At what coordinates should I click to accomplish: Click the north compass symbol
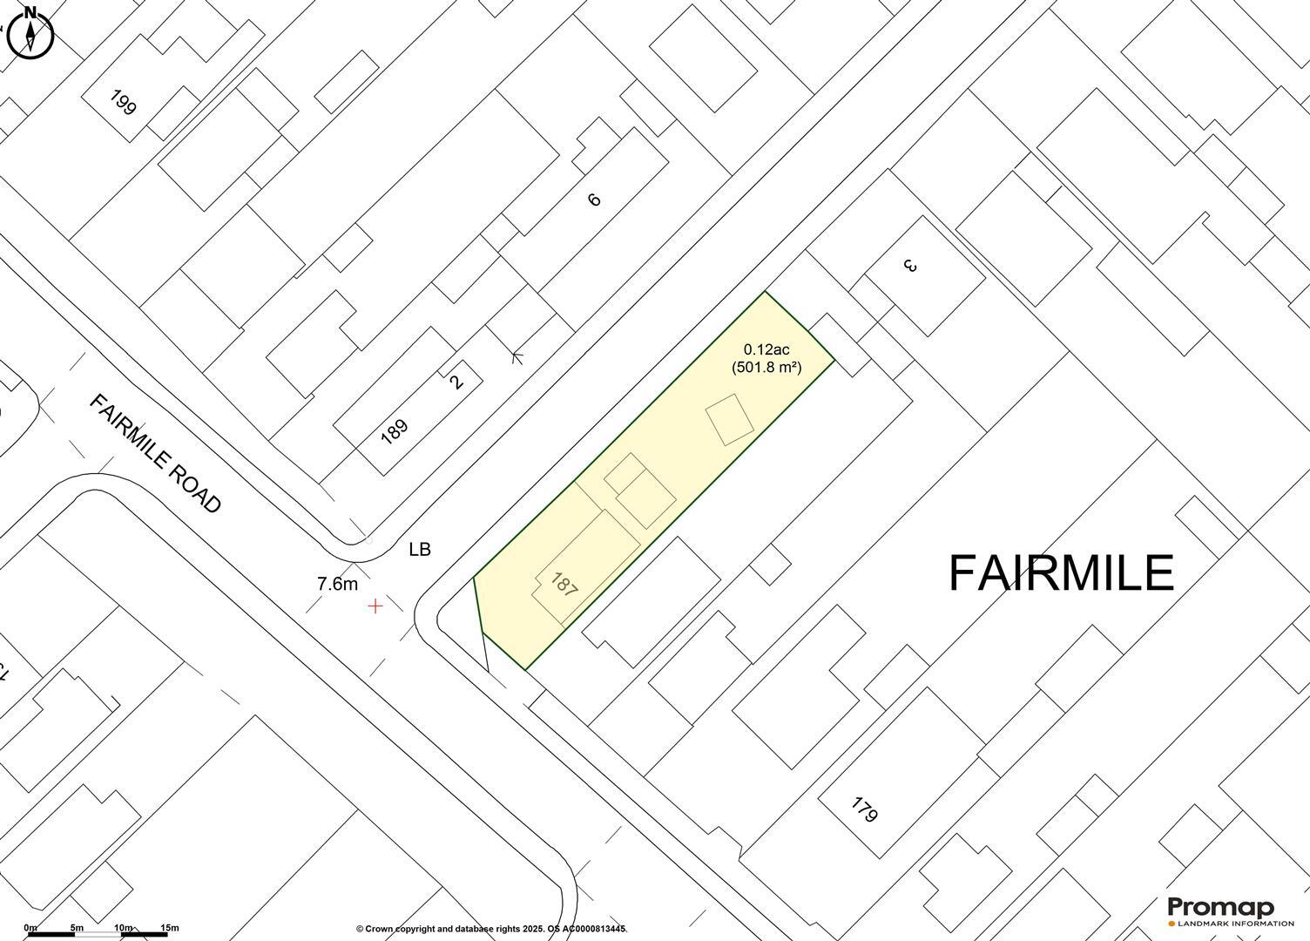[x=30, y=32]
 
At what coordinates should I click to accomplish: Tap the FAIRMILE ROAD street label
[x=156, y=453]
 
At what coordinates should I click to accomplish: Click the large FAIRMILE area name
[x=1060, y=573]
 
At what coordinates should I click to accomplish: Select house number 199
[x=124, y=102]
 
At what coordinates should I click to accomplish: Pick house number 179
[x=863, y=810]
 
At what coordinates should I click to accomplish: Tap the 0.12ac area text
[x=766, y=350]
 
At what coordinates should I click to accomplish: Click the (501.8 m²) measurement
[x=766, y=368]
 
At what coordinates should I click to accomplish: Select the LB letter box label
[x=420, y=550]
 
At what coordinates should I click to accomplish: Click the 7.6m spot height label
[x=337, y=584]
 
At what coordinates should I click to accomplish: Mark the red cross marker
[x=375, y=606]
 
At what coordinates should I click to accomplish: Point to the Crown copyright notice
[x=491, y=929]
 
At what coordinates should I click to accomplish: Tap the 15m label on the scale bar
[x=169, y=928]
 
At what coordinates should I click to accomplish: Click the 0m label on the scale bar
[x=30, y=928]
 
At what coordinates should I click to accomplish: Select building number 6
[x=595, y=200]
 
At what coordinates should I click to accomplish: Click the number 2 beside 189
[x=458, y=381]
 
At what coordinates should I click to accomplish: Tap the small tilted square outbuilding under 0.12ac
[x=730, y=419]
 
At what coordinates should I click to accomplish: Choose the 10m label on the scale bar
[x=123, y=928]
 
